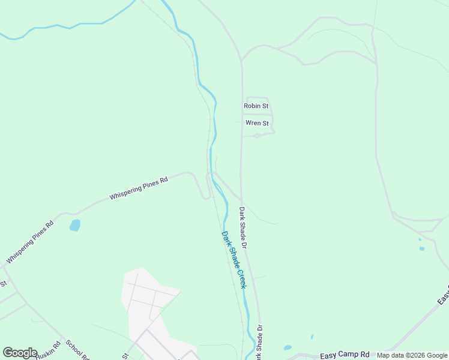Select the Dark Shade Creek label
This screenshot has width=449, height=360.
(234, 260)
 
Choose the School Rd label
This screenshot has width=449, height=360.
(78, 350)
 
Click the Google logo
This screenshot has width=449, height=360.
(20, 353)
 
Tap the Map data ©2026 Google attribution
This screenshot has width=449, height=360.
(412, 355)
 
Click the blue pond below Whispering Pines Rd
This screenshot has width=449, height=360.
(74, 226)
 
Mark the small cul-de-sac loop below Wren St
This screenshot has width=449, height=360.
(257, 136)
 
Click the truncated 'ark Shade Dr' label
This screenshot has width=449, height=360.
(259, 343)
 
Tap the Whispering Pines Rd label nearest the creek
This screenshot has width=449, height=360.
(137, 188)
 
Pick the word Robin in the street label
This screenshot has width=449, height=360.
(250, 106)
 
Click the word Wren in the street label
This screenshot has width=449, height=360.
(252, 123)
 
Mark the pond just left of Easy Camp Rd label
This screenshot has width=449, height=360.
(288, 347)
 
